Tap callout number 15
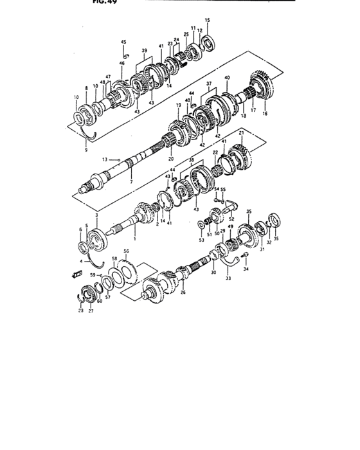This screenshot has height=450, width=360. pos(207,21)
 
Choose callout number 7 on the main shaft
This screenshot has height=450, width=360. pos(131,183)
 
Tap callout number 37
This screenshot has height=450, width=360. pos(210,84)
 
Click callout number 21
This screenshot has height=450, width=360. pos(240,133)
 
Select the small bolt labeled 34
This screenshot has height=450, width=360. pos(245,256)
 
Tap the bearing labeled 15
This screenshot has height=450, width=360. pos(207,43)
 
